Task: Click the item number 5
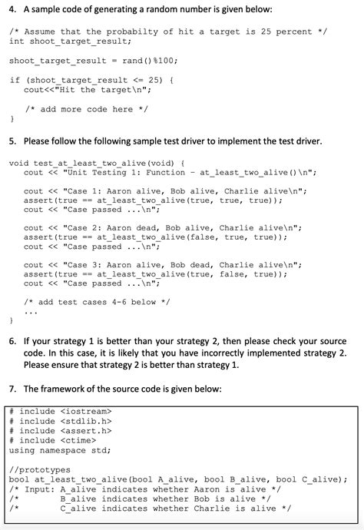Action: tap(12, 142)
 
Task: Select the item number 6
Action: tap(12, 340)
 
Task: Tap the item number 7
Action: tap(12, 389)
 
